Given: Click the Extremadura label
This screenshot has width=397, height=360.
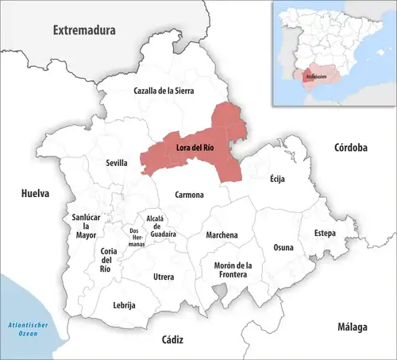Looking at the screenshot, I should [84, 30].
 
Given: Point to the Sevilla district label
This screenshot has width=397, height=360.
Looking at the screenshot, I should [117, 163].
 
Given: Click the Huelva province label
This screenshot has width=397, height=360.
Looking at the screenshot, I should [36, 193].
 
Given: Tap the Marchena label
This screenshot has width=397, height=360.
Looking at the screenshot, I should [222, 235].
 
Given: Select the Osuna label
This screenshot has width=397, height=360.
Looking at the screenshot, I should [283, 247].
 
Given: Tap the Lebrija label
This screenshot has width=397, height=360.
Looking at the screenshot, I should [125, 305].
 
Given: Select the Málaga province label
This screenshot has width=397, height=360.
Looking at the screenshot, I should [350, 327].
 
